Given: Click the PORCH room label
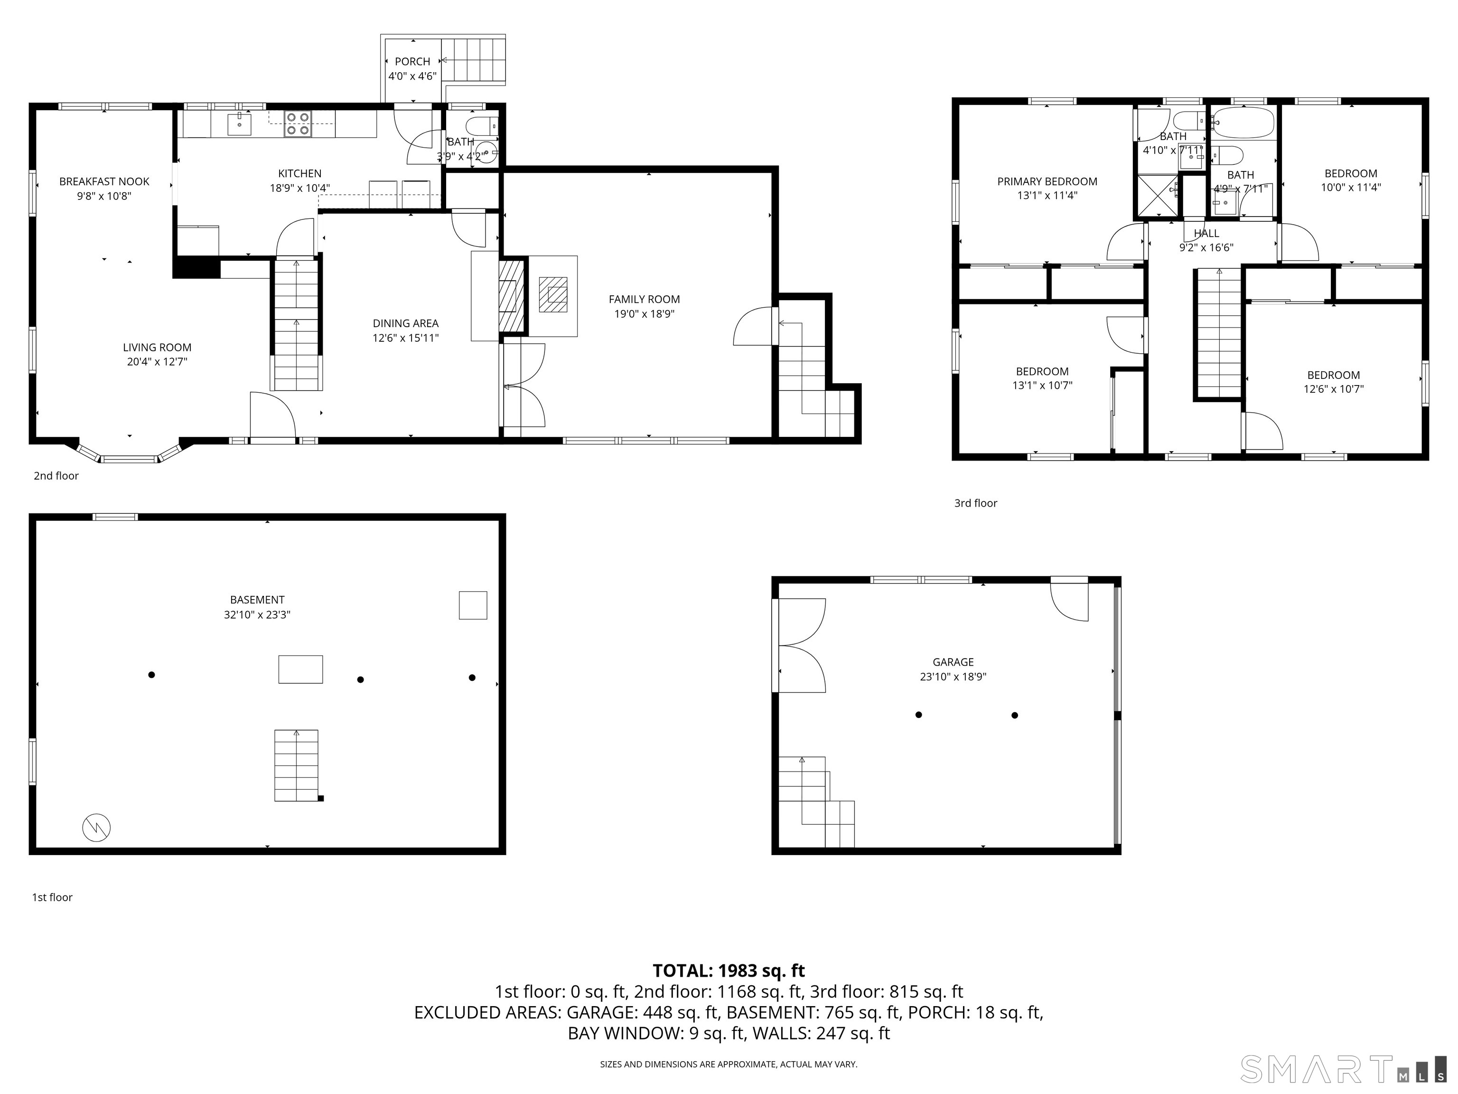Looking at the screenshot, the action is click(x=412, y=61).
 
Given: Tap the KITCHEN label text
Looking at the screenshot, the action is click(x=300, y=173).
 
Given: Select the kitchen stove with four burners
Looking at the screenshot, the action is click(x=298, y=124).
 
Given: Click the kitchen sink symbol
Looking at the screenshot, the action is click(x=239, y=124).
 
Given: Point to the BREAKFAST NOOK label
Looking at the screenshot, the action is click(x=104, y=181).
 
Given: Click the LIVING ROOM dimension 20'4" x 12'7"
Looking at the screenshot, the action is click(x=157, y=361).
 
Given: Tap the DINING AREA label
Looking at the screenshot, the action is click(x=405, y=323).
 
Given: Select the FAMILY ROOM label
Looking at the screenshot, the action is click(x=644, y=300).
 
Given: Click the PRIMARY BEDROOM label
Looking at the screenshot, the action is click(x=1047, y=181).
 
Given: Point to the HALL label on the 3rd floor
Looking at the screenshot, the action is click(x=1206, y=234).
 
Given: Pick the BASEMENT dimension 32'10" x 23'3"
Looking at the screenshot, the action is click(x=257, y=614).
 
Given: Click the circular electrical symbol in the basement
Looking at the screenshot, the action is click(x=96, y=828).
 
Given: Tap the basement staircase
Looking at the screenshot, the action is click(x=297, y=765).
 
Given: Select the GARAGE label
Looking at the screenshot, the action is click(x=953, y=662).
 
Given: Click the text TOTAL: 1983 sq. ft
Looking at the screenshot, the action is click(x=729, y=971).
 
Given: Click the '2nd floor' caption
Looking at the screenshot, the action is click(x=56, y=475).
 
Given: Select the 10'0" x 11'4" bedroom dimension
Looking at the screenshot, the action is click(x=1351, y=187).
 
